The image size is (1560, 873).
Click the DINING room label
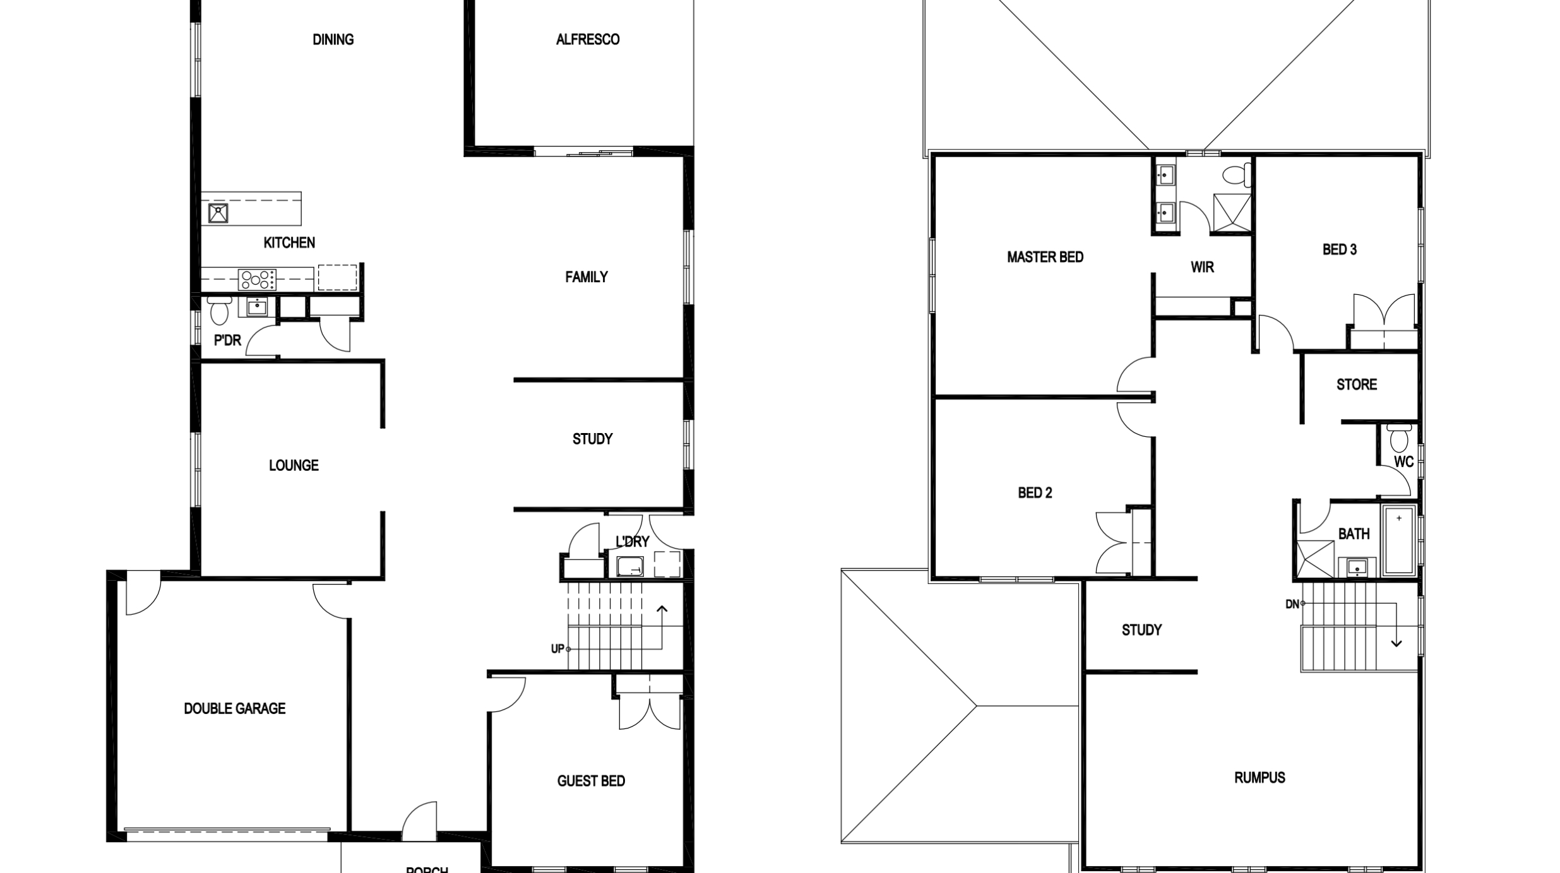pyautogui.click(x=333, y=40)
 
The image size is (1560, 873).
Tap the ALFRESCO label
pyautogui.click(x=587, y=40)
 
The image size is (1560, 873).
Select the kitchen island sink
pyautogui.click(x=218, y=213)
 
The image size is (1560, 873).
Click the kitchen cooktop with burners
pyautogui.click(x=257, y=279)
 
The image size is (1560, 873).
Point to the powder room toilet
pyautogui.click(x=218, y=311)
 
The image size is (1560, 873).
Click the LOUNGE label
pyautogui.click(x=294, y=466)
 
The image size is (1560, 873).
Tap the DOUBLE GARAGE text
pyautogui.click(x=234, y=709)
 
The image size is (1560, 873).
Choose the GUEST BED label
pyautogui.click(x=591, y=781)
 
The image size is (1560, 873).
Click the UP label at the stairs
pyautogui.click(x=557, y=649)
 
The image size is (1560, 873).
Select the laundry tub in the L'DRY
pyautogui.click(x=629, y=566)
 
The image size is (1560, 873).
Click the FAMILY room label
pyautogui.click(x=586, y=277)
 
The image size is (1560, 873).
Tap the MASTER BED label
pyautogui.click(x=1045, y=258)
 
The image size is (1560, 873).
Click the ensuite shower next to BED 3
pyautogui.click(x=1231, y=213)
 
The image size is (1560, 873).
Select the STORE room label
pyautogui.click(x=1356, y=384)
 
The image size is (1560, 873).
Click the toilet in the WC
pyautogui.click(x=1399, y=437)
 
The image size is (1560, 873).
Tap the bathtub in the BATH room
pyautogui.click(x=1398, y=540)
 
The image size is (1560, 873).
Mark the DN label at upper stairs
pyautogui.click(x=1292, y=604)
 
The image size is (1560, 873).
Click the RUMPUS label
pyautogui.click(x=1259, y=778)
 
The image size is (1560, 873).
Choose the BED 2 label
pyautogui.click(x=1035, y=493)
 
